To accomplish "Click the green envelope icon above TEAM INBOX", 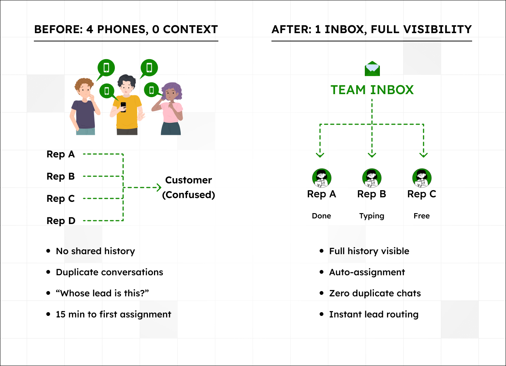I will [372, 69].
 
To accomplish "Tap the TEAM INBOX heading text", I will [372, 90].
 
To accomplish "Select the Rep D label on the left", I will [61, 221].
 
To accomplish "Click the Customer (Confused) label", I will [189, 187].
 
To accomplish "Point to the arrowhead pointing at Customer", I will [159, 187].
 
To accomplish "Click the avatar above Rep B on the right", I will [372, 178].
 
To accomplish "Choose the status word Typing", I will [372, 216].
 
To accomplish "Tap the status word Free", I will [421, 216].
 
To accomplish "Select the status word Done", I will [322, 216].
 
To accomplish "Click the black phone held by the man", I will [123, 107].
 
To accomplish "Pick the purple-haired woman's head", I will [172, 92].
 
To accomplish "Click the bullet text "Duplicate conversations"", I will [110, 272].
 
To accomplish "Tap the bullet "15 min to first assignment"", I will [113, 314].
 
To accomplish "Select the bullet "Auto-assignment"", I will [367, 272].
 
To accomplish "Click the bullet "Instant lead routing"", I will [374, 314].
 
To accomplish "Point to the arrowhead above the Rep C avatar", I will [424, 154].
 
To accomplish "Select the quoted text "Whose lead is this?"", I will [102, 293].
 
